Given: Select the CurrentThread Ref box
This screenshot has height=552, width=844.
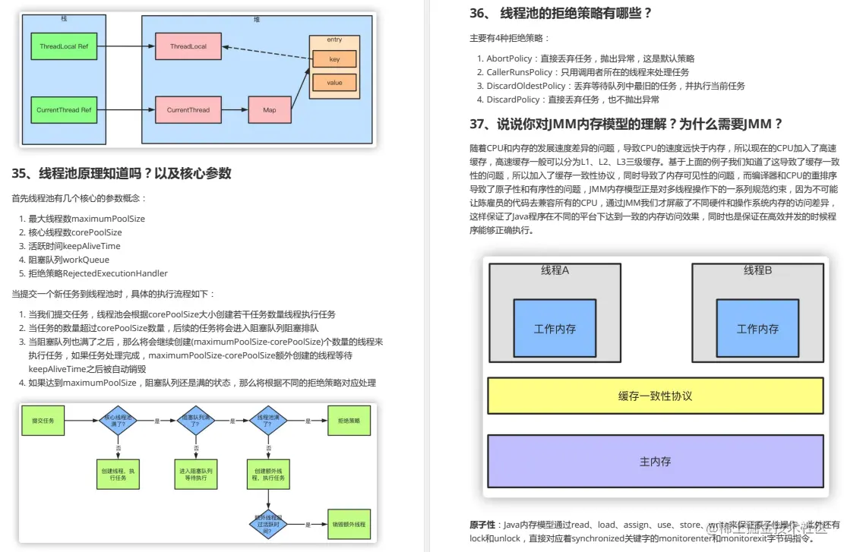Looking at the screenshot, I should coord(64,110).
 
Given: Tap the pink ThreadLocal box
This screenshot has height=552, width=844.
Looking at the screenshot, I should coord(188,46).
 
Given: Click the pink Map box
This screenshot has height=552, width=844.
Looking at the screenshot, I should coord(269,110).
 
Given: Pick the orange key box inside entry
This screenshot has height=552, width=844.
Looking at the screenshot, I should coord(334,59).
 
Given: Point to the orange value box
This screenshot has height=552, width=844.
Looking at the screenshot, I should coord(334,82).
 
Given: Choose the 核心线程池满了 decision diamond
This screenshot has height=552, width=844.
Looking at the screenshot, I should coord(116,419).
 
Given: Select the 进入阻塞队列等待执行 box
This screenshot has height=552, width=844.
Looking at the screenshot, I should coord(195,475).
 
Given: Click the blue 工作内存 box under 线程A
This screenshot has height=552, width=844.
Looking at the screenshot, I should coord(555,329).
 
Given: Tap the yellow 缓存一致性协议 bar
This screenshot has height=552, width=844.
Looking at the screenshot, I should coord(655,396).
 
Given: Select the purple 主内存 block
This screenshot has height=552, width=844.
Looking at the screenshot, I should coord(655,461).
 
